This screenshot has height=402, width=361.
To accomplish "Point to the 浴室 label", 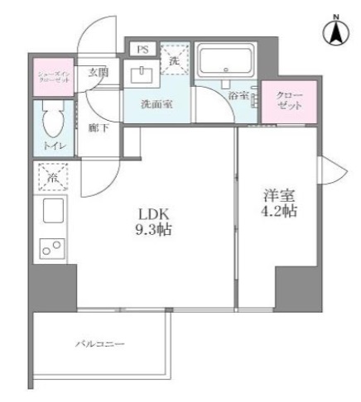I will click(x=240, y=95).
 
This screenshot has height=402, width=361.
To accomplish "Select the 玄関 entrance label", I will click(x=99, y=73).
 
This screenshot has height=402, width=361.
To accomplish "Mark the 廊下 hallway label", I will click(x=97, y=128).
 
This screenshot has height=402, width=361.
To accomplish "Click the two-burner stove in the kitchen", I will click(x=52, y=245).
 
